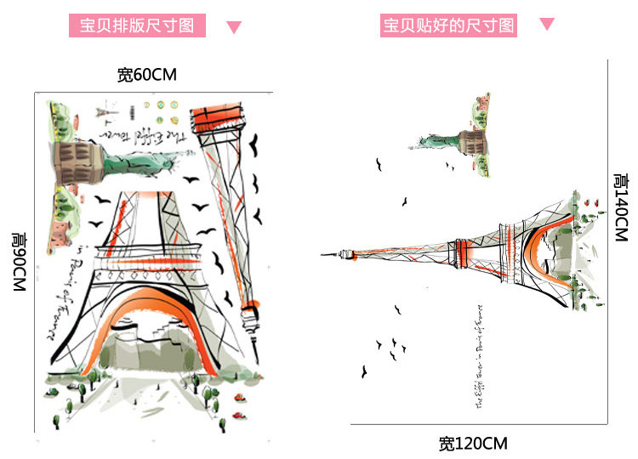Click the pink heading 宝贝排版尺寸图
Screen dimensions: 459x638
[137, 25]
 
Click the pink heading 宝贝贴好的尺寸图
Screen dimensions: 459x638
[449, 25]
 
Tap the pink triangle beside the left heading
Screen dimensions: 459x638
[234, 26]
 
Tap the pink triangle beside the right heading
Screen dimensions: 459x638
[547, 25]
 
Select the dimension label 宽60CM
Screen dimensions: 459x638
[146, 75]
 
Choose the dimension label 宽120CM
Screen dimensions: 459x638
[473, 443]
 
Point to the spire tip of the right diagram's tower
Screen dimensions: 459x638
[325, 252]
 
